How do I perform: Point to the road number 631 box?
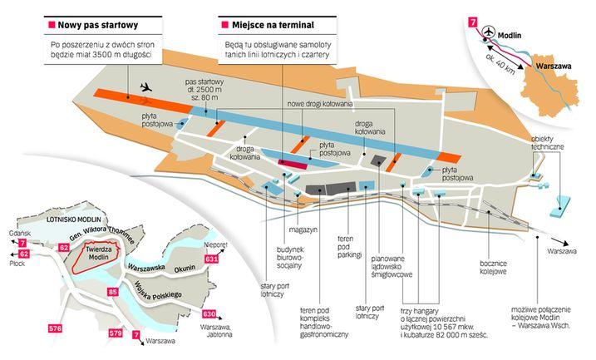tap(212, 260)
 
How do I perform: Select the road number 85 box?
tap(113, 292)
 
